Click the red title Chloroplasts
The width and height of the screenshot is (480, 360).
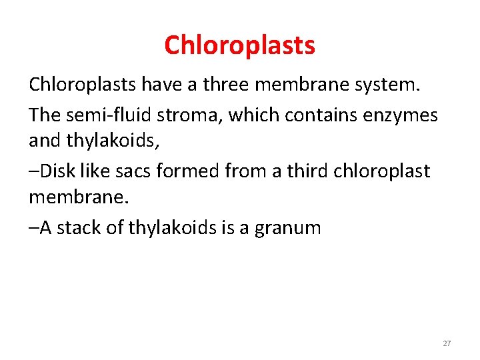click(x=239, y=45)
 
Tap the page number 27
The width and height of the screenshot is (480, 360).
click(x=447, y=343)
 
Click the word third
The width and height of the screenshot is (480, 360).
click(x=303, y=171)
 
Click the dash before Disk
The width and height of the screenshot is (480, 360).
click(x=34, y=171)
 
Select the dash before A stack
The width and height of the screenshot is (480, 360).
click(x=34, y=229)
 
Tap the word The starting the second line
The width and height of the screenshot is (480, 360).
click(x=44, y=115)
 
